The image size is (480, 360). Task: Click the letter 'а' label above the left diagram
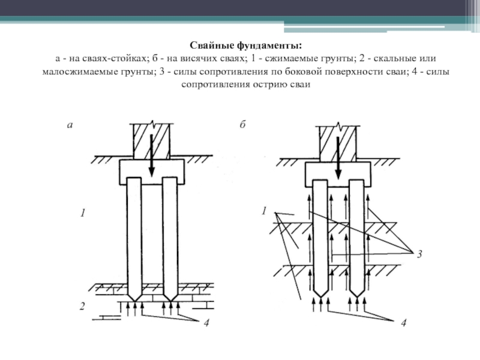pyautogui.click(x=70, y=125)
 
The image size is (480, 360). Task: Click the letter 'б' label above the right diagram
pyautogui.click(x=242, y=125)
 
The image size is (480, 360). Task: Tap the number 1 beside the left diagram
pyautogui.click(x=83, y=213)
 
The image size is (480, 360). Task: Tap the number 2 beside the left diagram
pyautogui.click(x=82, y=307)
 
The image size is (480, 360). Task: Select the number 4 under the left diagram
pyautogui.click(x=205, y=324)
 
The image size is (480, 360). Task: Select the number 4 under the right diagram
pyautogui.click(x=403, y=324)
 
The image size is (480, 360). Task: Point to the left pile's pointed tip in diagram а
pyautogui.click(x=135, y=295)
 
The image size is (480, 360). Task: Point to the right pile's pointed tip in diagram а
pyautogui.click(x=170, y=295)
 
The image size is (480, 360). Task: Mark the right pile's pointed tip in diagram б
pyautogui.click(x=359, y=291)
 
